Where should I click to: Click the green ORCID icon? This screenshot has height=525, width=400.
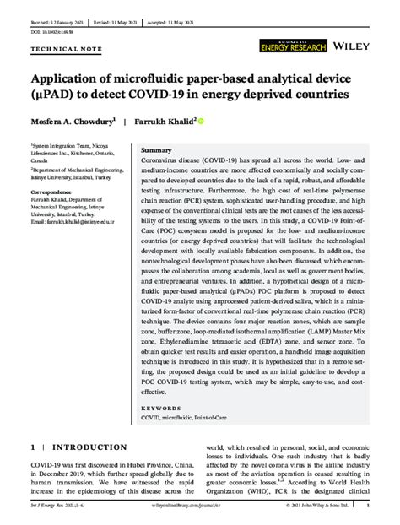point(201,122)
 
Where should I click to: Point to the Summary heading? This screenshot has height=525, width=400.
point(157,149)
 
